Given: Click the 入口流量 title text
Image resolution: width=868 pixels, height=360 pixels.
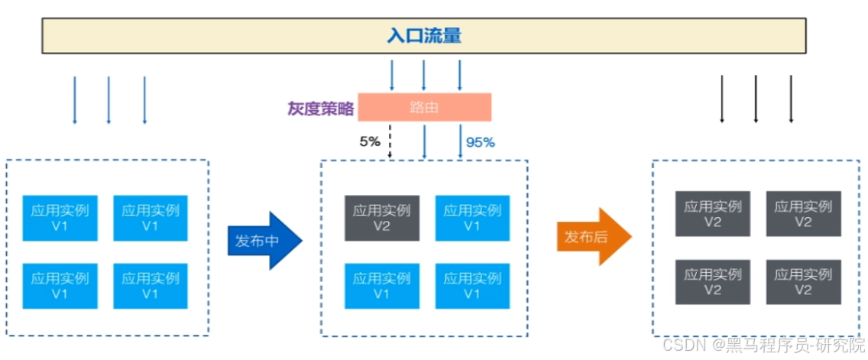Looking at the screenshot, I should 424,36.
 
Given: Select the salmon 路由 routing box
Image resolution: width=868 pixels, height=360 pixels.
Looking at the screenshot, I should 424,108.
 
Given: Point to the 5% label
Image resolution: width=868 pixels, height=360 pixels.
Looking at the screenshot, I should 370,141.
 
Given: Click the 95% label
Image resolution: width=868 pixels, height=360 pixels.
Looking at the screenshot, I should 481,141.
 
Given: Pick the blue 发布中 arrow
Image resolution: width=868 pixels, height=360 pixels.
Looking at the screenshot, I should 264,241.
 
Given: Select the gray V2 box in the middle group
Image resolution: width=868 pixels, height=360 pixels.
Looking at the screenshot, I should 382,218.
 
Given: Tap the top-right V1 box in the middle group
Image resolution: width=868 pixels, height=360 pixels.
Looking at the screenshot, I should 472,218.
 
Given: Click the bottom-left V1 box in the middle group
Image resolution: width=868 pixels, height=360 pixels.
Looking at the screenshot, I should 382,286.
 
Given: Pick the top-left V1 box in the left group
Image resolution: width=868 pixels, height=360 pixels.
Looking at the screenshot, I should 60,218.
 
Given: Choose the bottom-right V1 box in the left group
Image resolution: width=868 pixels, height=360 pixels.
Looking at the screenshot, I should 151,286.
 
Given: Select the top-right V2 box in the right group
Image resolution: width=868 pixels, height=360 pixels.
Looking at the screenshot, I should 803,213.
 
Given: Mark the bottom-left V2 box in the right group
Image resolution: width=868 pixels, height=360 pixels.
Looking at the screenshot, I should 712,282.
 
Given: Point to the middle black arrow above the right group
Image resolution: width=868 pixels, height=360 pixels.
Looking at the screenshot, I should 756,99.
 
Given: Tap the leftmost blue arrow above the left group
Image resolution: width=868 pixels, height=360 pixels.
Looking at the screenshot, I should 74,99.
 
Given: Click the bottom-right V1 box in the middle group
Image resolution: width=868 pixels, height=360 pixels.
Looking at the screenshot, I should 472,286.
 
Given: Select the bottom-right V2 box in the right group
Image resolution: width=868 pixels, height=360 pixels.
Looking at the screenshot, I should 803,282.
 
